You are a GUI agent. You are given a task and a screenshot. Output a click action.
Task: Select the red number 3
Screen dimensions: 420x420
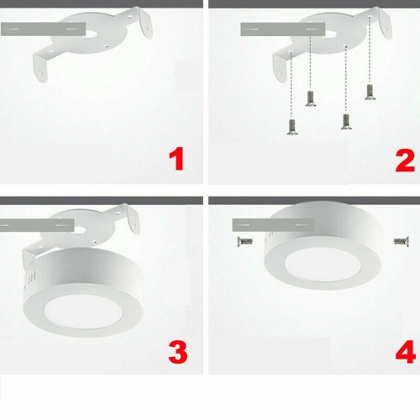177,352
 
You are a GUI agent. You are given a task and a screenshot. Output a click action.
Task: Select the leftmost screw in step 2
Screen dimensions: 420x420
291,127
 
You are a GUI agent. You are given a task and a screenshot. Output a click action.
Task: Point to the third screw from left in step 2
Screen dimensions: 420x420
345,120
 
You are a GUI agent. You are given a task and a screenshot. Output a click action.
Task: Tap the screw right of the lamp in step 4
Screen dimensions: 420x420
400,241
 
